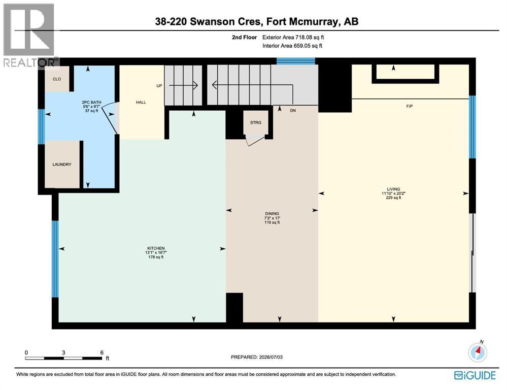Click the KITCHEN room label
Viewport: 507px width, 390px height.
(156, 248)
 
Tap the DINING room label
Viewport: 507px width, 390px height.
(272, 214)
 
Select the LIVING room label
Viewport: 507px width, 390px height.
(393, 189)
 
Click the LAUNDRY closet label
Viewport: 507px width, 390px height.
(62, 165)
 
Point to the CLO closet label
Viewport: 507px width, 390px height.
(57, 79)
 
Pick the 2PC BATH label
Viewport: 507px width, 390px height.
(91, 102)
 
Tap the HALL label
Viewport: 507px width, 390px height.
(141, 102)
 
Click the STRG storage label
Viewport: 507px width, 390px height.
(256, 123)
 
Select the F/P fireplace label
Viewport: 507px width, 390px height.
(410, 106)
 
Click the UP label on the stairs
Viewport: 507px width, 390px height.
(159, 86)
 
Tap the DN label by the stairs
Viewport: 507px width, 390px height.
(293, 111)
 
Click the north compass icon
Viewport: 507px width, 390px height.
(478, 351)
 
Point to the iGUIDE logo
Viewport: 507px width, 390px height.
(475, 375)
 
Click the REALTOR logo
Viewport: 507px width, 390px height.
(30, 35)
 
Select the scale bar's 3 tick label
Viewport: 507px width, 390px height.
(64, 352)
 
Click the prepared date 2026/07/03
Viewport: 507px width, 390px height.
(271, 357)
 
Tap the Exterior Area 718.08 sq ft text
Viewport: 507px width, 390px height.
(293, 37)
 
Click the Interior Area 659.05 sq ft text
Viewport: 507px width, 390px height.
(292, 46)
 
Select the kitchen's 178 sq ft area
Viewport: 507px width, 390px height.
(156, 257)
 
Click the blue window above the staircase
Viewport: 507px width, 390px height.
(296, 61)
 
